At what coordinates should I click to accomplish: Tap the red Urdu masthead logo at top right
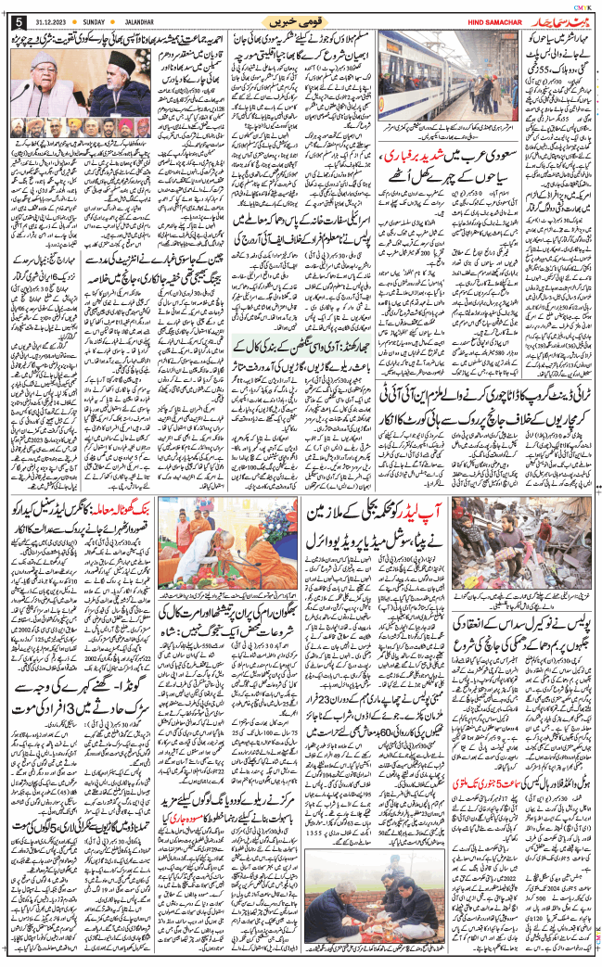click(x=546, y=19)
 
